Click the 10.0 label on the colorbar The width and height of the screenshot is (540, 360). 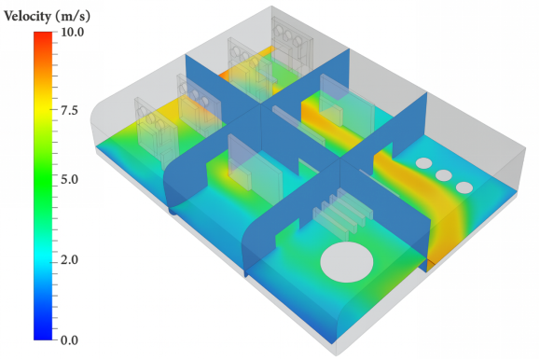tap(73, 32)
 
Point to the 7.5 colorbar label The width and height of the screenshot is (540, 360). tap(69, 111)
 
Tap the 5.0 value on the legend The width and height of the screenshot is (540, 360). tap(69, 179)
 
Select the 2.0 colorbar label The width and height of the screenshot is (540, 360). tap(69, 260)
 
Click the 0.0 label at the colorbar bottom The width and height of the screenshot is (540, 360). tap(69, 340)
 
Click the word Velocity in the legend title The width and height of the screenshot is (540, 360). tap(27, 16)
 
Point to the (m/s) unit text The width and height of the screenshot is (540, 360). tap(73, 16)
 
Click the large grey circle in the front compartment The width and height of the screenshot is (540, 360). tap(346, 262)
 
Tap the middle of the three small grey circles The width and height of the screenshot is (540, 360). tap(444, 175)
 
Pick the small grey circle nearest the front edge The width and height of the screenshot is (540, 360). tap(464, 187)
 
